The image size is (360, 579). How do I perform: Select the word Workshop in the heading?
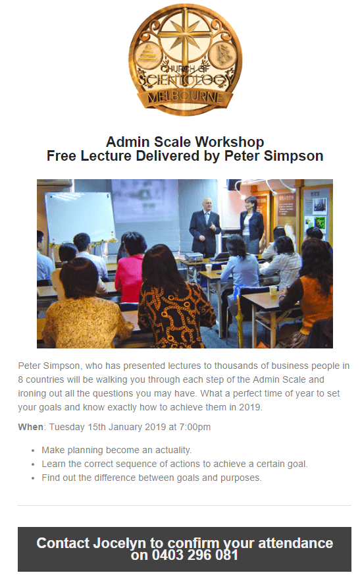[x=230, y=142]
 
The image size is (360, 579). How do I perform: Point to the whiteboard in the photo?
[x=80, y=217]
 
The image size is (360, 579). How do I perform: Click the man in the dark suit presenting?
[x=205, y=228]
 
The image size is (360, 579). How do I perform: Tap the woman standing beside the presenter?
[x=252, y=225]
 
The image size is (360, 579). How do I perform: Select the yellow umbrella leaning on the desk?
[x=240, y=317]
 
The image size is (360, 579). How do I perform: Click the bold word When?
[x=31, y=427]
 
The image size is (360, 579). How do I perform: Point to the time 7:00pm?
[x=195, y=427]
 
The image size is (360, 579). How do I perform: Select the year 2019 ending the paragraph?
[x=249, y=407]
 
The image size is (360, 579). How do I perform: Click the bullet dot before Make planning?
[x=33, y=451]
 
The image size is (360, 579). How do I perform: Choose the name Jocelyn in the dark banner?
[x=119, y=543]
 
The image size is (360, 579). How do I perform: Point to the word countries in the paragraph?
[x=46, y=379]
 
